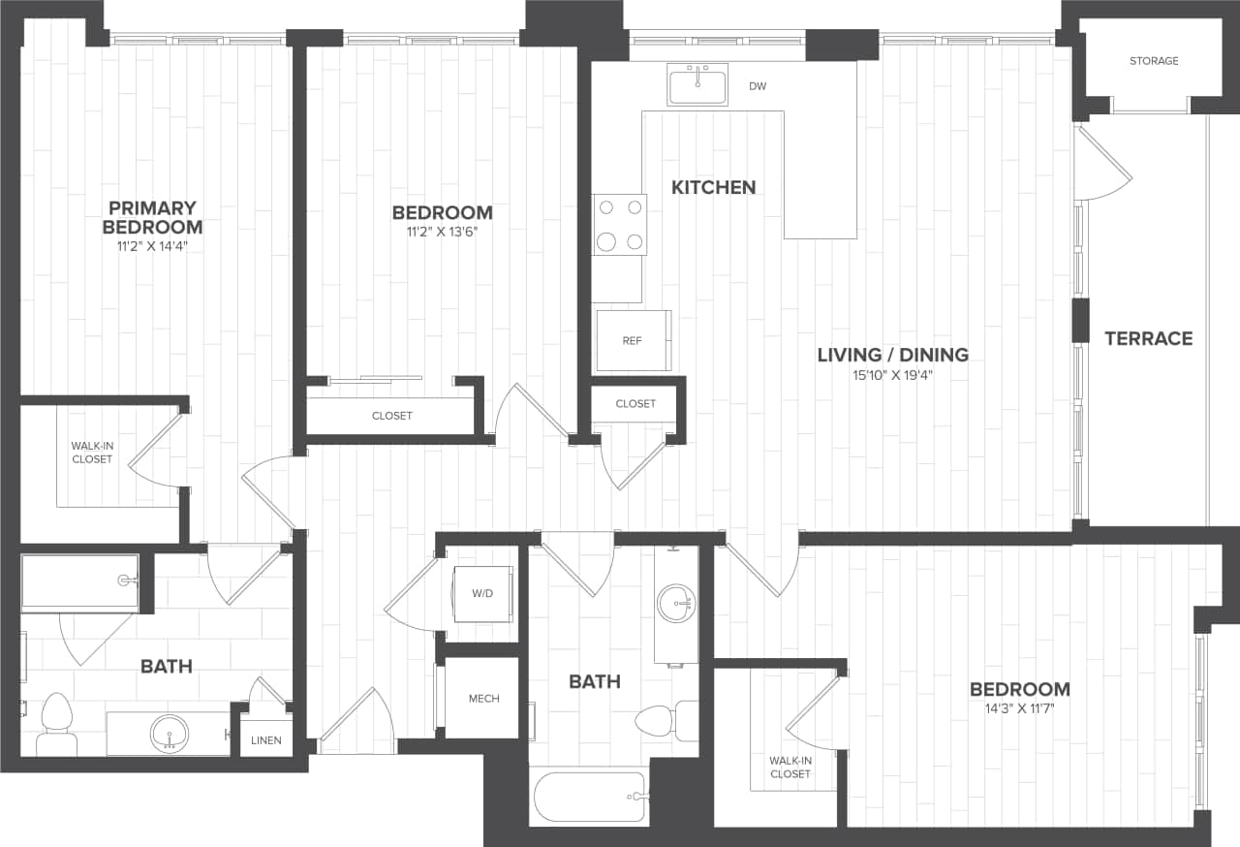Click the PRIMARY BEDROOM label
click(152, 217)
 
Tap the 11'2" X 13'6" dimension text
click(442, 233)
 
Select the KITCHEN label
click(713, 187)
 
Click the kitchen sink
click(697, 84)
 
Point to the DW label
click(758, 86)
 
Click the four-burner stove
click(620, 225)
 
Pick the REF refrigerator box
click(633, 340)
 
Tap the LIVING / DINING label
click(892, 355)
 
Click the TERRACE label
click(1148, 338)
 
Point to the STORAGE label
click(1154, 61)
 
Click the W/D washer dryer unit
click(482, 593)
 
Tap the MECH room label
click(483, 698)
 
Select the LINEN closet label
click(265, 740)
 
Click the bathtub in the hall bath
click(589, 797)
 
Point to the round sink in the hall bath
click(675, 604)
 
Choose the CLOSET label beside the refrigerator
click(635, 403)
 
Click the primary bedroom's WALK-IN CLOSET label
click(92, 453)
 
